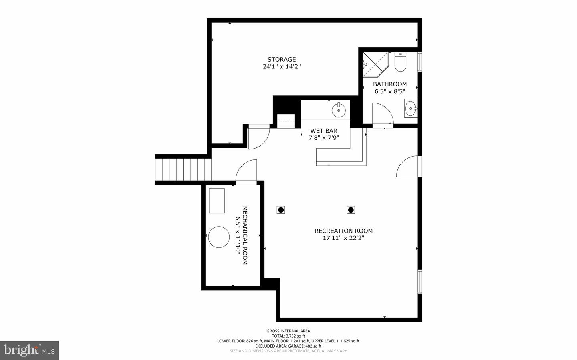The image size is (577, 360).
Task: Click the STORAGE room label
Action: point(282,60)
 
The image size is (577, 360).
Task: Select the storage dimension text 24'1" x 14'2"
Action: point(282,67)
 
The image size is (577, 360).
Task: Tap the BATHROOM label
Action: point(389,84)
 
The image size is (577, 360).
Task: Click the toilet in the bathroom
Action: point(400,62)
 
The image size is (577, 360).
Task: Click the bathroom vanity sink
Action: point(410,108)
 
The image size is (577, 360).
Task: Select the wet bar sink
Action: point(339,110)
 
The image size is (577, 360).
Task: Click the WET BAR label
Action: point(324,131)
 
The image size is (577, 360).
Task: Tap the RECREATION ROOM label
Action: point(343,231)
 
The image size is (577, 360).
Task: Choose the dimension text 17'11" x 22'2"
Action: point(343,238)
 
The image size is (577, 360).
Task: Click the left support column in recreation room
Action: point(281,210)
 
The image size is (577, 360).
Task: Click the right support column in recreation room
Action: point(351,210)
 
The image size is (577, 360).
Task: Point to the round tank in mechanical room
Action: point(218,237)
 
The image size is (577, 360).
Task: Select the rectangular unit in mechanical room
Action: point(217,201)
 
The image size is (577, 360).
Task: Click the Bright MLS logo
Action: point(29,350)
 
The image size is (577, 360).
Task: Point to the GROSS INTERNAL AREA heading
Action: point(288,331)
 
